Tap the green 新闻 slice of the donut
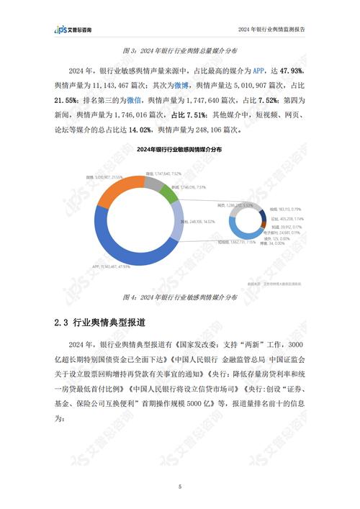168,190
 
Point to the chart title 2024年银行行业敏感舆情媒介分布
179,148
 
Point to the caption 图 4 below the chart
179,297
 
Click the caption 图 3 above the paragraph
179,52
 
